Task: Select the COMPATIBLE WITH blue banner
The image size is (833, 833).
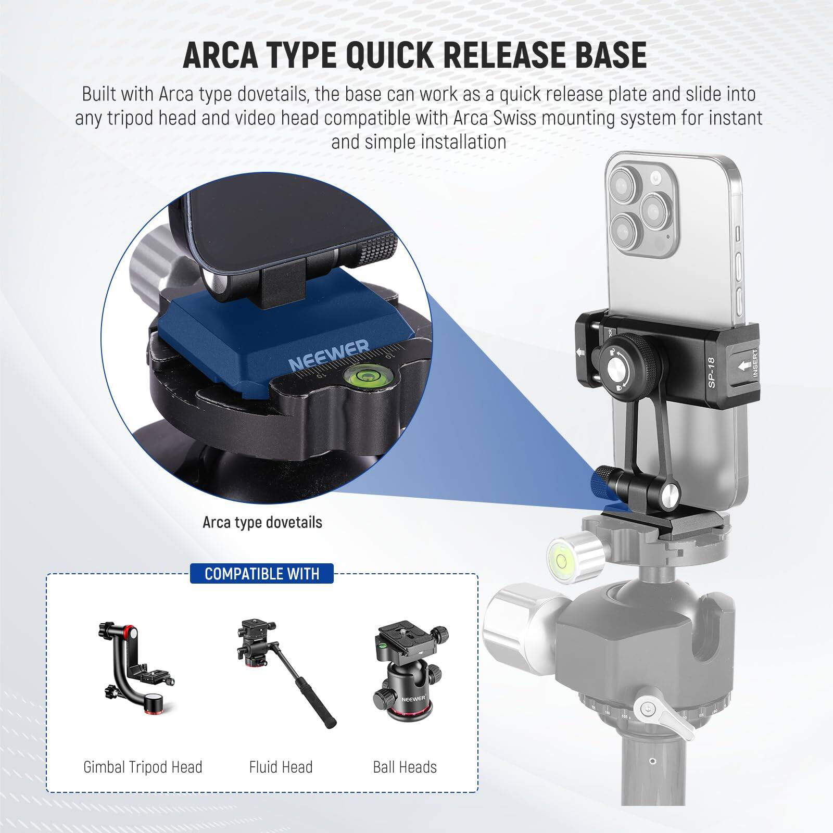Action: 262,574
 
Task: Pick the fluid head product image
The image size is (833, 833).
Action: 281,672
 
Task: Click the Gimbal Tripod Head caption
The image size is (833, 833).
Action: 143,767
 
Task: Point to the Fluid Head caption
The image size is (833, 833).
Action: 281,767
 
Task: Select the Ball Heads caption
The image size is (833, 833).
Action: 405,767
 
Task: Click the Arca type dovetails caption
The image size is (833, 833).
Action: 262,522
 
